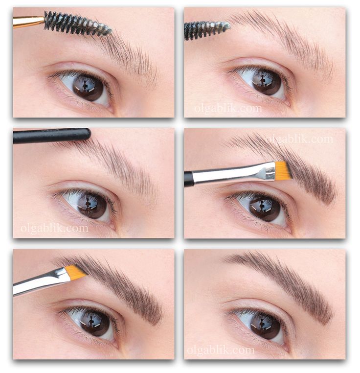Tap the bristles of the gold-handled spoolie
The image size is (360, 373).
click(x=77, y=24)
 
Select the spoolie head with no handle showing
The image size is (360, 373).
click(x=206, y=30)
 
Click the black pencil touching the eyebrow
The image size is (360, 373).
click(x=52, y=136)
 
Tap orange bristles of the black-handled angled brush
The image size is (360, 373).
click(x=281, y=168)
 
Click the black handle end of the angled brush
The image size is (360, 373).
click(x=188, y=179)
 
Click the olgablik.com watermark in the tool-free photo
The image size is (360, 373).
click(x=221, y=350)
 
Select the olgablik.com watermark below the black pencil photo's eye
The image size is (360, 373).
click(x=54, y=228)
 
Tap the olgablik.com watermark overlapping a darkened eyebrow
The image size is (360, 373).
click(x=299, y=139)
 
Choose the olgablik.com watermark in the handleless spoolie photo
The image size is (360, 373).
click(x=228, y=108)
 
